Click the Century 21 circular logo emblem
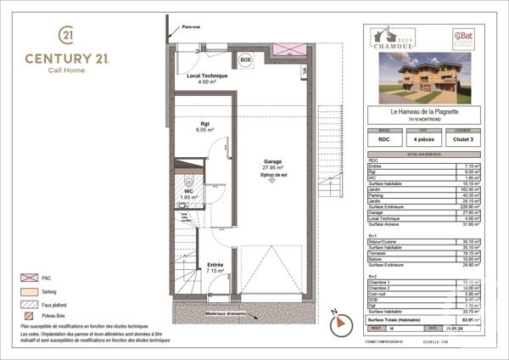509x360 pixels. coord(66,35)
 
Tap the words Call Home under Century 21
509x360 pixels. coord(65,70)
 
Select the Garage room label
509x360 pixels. coord(272,161)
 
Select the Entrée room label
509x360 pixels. coord(215,266)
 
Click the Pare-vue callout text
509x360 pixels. coord(192,27)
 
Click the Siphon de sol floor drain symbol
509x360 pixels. coord(271,181)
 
